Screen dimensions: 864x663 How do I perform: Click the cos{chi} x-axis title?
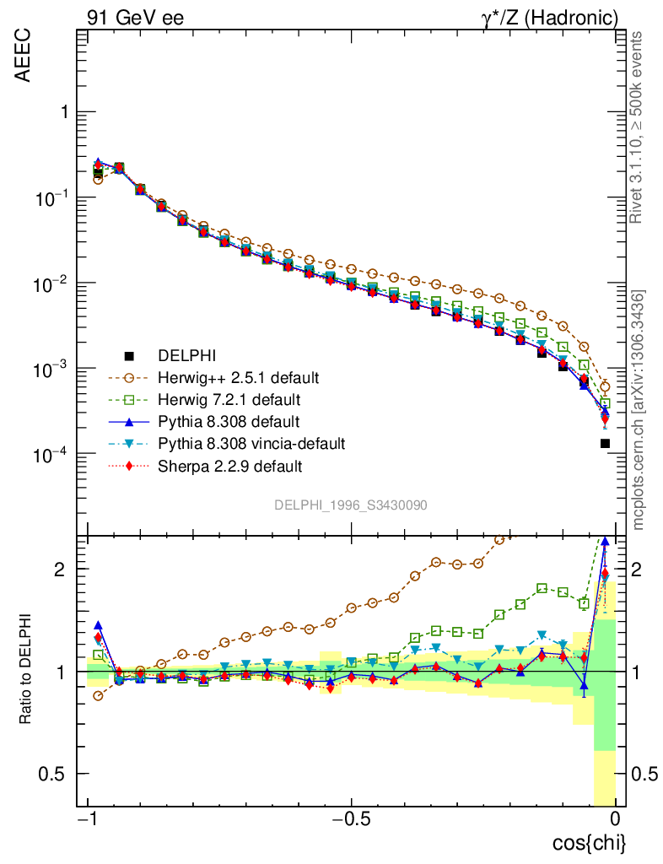point(590,843)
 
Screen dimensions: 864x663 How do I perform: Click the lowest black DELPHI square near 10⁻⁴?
point(606,443)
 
